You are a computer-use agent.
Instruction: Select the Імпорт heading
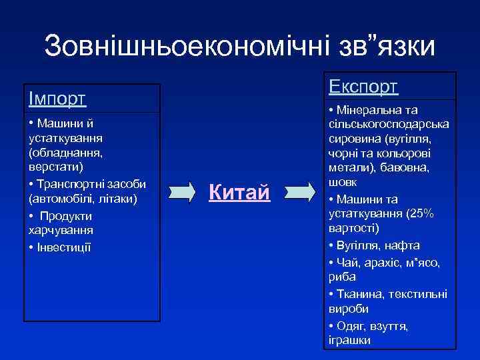click(57, 99)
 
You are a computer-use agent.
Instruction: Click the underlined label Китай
click(239, 193)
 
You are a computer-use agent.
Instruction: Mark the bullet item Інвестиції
click(64, 247)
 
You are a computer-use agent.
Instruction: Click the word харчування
click(60, 230)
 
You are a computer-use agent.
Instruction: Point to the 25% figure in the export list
click(420, 213)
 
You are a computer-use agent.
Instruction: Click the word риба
click(342, 277)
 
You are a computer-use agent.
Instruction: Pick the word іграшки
click(349, 341)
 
